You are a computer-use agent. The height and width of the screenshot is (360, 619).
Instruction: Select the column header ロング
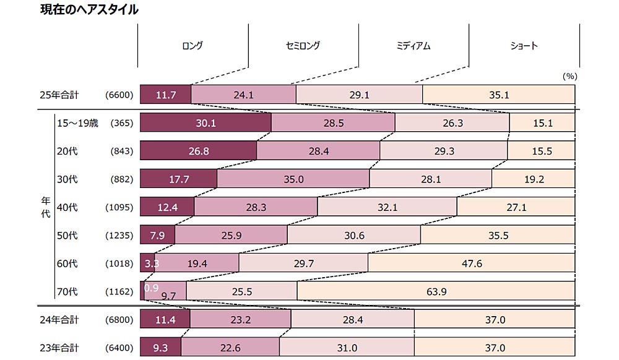coord(193,46)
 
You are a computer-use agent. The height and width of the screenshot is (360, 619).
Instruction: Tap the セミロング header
coord(303,46)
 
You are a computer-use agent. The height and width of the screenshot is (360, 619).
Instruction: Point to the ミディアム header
coord(413,46)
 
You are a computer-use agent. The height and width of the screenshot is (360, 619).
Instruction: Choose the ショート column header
coord(524,46)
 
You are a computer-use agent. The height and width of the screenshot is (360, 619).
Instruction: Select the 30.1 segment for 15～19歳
coord(206,123)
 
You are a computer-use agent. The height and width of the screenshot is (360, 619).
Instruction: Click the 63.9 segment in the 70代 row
coord(436,291)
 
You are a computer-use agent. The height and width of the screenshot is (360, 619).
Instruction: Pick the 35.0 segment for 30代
coord(293,179)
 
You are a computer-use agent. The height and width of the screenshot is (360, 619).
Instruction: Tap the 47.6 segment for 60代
coord(471,264)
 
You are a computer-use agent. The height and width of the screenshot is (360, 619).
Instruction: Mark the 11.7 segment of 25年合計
coord(166,95)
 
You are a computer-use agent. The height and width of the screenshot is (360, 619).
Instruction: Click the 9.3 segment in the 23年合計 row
coord(161,348)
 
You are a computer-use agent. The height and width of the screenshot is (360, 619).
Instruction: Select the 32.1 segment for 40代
coord(387,207)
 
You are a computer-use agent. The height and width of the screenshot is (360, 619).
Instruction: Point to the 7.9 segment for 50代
coord(158,235)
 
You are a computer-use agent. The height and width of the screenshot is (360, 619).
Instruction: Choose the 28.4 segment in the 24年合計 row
coord(352,320)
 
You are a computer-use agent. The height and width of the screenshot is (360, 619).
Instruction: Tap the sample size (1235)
coord(121,235)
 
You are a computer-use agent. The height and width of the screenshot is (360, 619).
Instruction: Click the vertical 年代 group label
coord(45,207)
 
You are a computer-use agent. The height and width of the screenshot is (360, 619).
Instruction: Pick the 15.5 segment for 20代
coord(541,151)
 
